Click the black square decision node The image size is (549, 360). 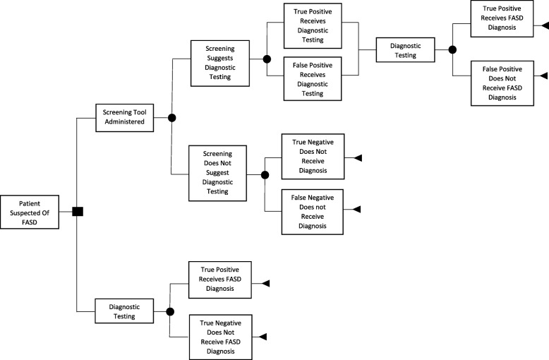coord(78,210)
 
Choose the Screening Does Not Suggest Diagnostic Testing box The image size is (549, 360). coord(219,173)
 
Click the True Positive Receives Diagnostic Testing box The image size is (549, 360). coord(313,25)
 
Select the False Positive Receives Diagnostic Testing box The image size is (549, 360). coord(313,78)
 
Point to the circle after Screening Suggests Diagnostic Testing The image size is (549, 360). coord(266,60)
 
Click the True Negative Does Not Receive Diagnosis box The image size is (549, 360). coord(312,157)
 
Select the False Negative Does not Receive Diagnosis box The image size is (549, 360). coord(312,210)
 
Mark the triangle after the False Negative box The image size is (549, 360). coord(357,210)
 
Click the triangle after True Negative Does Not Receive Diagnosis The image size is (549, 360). coord(357,157)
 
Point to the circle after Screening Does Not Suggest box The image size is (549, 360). coord(265,174)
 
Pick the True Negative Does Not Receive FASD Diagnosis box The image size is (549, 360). coord(219,337)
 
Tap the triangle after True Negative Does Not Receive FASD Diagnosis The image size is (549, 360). coord(263,337)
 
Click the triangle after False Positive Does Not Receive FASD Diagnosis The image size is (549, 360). coord(544,76)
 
